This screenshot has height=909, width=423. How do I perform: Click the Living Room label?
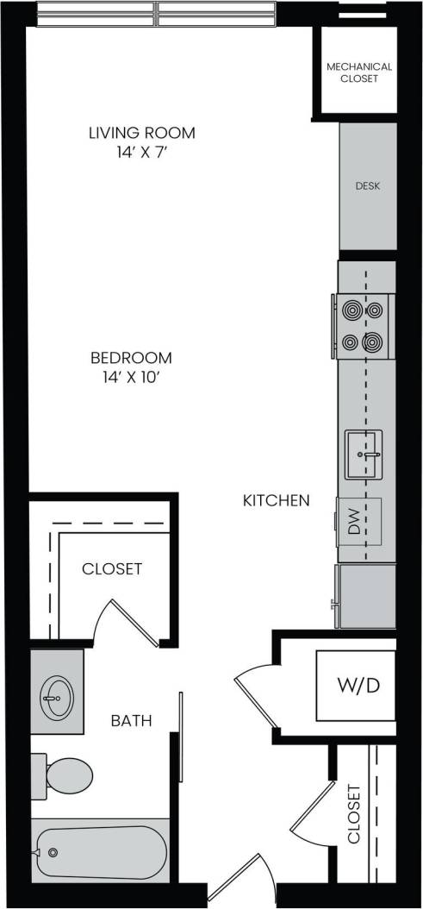click(x=141, y=133)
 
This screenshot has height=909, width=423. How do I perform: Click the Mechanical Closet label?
click(x=358, y=72)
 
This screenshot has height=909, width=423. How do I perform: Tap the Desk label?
click(x=368, y=186)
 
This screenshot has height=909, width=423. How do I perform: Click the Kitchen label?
click(x=276, y=499)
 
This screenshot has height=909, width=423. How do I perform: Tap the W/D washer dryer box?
click(x=356, y=686)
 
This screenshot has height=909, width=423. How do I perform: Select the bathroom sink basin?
click(x=57, y=693)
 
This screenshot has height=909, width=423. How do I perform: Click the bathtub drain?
click(x=53, y=852)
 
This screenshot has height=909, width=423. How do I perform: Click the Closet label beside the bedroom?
click(x=111, y=569)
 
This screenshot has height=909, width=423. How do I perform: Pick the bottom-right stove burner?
click(x=373, y=342)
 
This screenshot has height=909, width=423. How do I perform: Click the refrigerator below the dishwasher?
click(x=368, y=596)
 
